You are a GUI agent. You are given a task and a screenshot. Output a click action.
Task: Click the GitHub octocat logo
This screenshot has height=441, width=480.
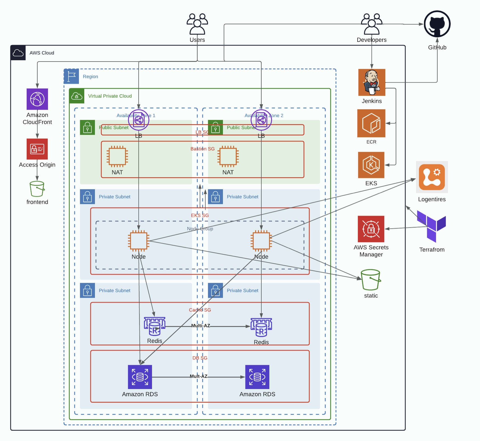[x=437, y=24]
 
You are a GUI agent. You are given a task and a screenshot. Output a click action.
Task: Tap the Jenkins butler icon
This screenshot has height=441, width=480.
[x=372, y=82]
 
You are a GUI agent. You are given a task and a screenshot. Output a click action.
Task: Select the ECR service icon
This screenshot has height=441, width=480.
[x=371, y=123]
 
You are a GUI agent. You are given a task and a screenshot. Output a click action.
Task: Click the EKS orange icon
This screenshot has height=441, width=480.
[x=371, y=165]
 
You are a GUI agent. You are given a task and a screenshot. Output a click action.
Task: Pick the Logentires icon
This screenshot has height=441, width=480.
[x=432, y=177]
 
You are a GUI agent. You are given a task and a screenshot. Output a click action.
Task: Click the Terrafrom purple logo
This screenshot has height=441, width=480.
[x=431, y=226]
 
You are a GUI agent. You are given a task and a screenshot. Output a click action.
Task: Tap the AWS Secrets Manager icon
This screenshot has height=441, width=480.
[x=371, y=229]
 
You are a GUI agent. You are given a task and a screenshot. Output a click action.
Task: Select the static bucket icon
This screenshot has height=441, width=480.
[x=370, y=280]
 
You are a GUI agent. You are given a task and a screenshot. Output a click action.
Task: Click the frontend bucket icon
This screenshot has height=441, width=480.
[x=37, y=189]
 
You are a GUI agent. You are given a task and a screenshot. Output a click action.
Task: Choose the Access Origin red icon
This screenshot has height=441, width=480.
[x=37, y=149]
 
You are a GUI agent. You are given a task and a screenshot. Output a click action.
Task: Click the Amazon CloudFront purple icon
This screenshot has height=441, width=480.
[x=37, y=99]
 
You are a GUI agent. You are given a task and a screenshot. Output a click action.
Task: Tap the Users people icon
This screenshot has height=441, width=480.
[x=197, y=24]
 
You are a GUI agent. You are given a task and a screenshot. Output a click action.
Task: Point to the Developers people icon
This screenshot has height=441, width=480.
[x=371, y=24]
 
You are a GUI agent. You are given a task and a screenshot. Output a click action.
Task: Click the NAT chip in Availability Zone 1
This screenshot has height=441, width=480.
[x=117, y=157]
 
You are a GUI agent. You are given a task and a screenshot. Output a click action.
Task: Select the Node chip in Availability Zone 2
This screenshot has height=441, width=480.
[x=261, y=241]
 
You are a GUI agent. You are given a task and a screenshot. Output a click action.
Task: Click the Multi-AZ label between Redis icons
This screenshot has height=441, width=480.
[x=201, y=326]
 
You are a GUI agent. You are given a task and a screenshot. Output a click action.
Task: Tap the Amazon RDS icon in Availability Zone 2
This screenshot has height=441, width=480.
[x=257, y=377]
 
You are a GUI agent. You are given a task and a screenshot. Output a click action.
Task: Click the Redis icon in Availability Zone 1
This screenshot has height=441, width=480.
[x=154, y=327]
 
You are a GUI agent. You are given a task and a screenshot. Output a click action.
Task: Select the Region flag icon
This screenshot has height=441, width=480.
[x=71, y=76]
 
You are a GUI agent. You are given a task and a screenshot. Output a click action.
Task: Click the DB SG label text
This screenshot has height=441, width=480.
[x=200, y=358]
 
